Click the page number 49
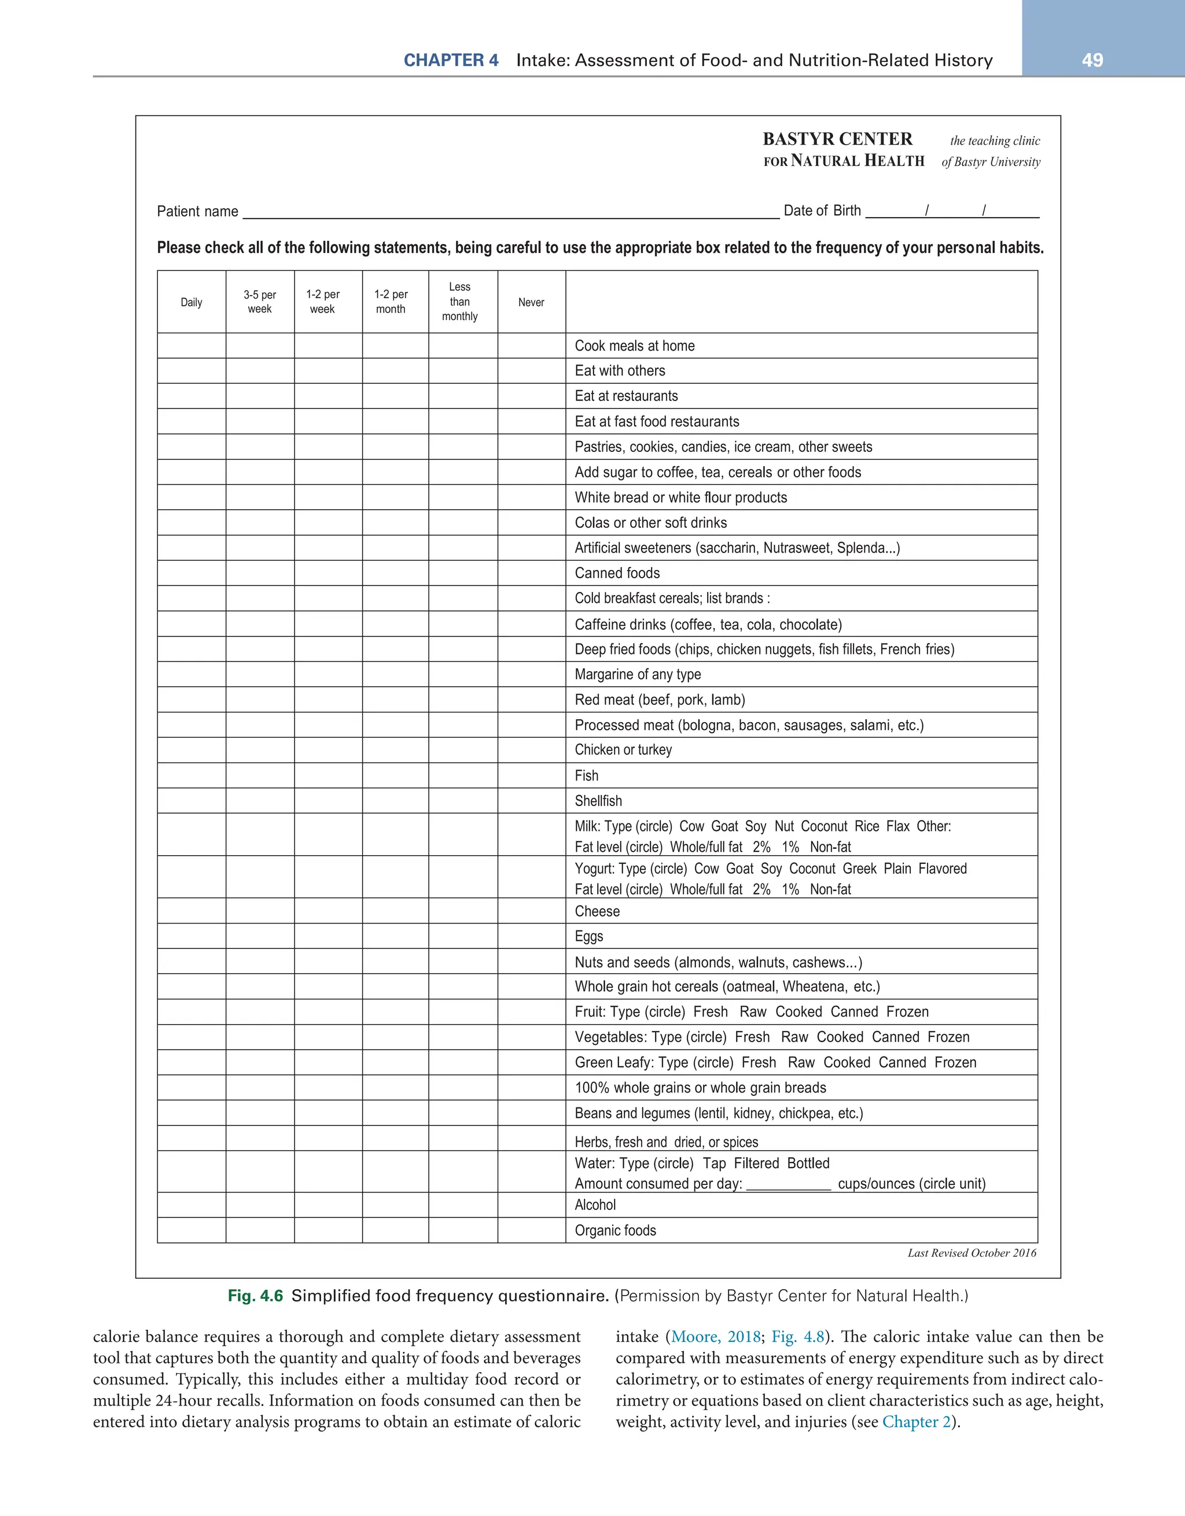[x=1092, y=60]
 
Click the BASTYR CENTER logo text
[x=837, y=139]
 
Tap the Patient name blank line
[x=510, y=212]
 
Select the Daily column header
[x=191, y=302]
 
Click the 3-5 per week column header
[x=260, y=302]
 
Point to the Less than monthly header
[x=459, y=302]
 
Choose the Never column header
[x=531, y=302]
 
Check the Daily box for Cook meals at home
[x=191, y=345]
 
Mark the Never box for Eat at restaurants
[x=531, y=396]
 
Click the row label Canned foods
[x=617, y=573]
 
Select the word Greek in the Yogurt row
[x=859, y=869]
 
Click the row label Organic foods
[x=615, y=1231]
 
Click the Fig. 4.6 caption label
[x=255, y=1296]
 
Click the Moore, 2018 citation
[x=715, y=1337]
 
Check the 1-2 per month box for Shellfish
[x=395, y=801]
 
